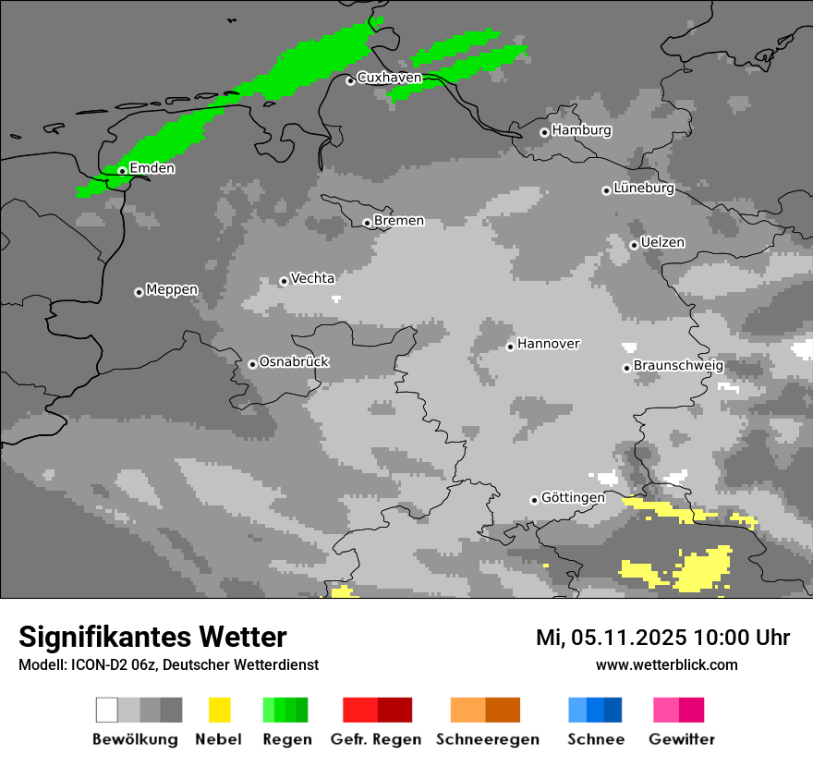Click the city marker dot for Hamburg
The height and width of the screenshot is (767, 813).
pos(544,132)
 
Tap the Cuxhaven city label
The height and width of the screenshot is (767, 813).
pos(389,79)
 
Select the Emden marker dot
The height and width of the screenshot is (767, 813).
pos(122,170)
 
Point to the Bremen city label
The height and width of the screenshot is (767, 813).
pos(399,221)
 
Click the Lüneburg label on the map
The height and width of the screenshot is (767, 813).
pos(644,189)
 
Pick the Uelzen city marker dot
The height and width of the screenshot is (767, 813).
pos(634,245)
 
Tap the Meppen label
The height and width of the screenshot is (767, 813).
pos(172,290)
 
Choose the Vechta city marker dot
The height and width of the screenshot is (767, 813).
pos(284,281)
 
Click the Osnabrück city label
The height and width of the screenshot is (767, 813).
pos(294,362)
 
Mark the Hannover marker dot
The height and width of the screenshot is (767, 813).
pos(510,347)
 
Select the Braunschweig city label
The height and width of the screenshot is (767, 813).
pos(678,366)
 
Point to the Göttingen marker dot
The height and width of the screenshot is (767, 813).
pos(534,500)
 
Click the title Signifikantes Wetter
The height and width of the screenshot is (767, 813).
pos(152,637)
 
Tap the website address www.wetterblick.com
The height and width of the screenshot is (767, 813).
pos(666,664)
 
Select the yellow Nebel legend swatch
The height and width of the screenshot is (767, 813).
pos(219,710)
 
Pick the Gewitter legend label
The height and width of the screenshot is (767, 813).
pos(681,739)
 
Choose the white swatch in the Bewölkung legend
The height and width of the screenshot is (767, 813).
pos(107,710)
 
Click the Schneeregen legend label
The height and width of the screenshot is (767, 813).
pos(487,739)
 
